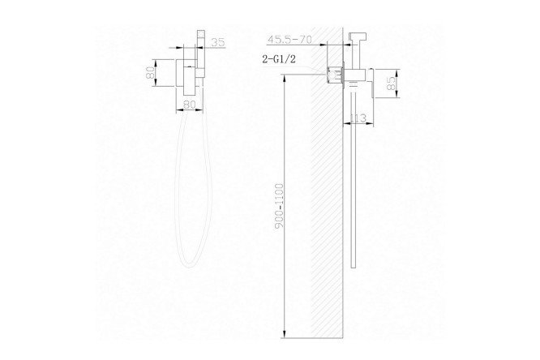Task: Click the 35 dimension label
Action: pos(217,42)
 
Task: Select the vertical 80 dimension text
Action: pos(149,73)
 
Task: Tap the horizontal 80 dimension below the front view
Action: pos(189,105)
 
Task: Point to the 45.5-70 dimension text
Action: pos(290,40)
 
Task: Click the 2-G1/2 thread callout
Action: pos(279,59)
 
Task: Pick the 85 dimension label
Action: pos(392,83)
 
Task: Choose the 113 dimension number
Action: pos(358,119)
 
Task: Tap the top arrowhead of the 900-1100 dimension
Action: pos(284,78)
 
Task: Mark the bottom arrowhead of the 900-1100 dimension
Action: pos(284,334)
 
